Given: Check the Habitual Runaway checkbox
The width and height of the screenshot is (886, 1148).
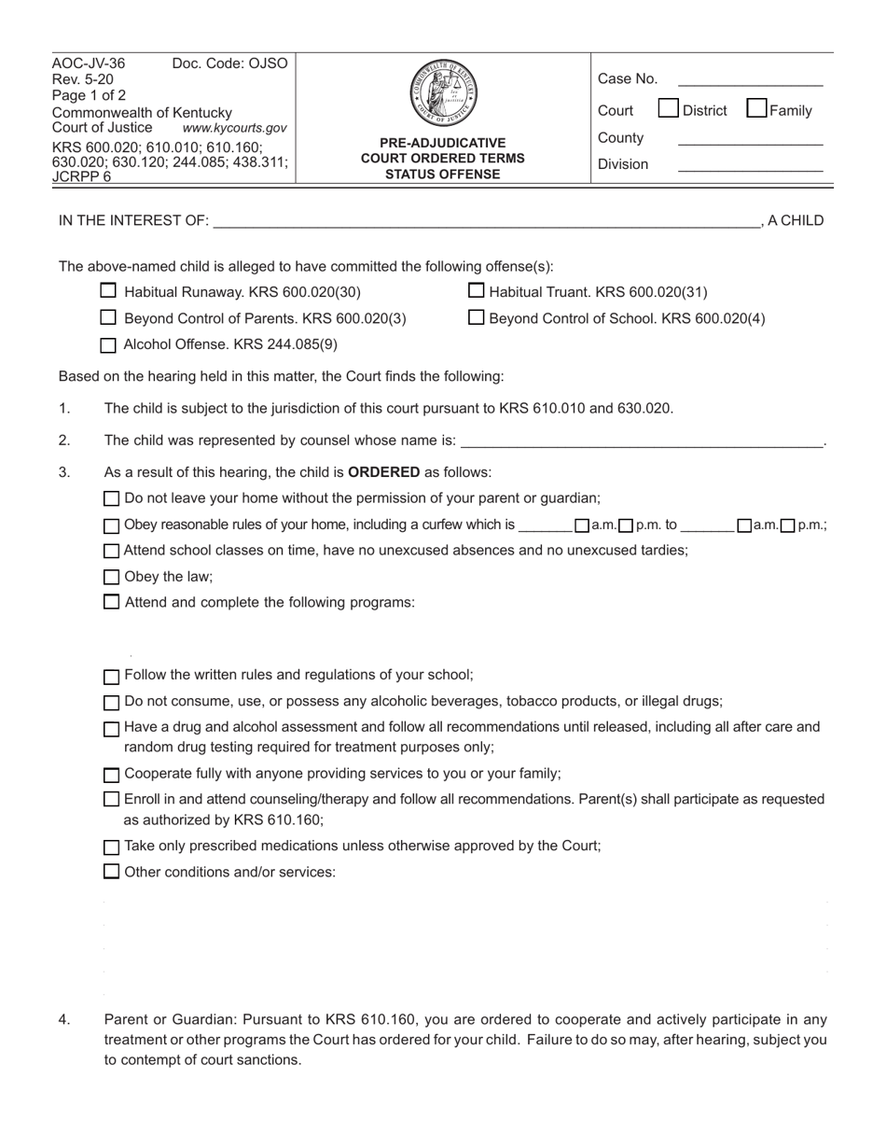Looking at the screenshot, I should click(x=108, y=291).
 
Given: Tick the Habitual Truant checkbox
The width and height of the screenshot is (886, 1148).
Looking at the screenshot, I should click(x=476, y=291).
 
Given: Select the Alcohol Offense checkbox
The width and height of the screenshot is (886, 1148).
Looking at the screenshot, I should click(x=108, y=344).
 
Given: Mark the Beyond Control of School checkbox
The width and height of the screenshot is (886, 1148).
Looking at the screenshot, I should click(x=476, y=317).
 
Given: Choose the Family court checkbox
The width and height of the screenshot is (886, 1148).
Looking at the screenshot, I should click(x=756, y=109).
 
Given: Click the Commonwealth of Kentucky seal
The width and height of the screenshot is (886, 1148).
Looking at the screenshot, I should click(x=443, y=93).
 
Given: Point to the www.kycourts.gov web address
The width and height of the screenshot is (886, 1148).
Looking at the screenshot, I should click(x=234, y=128).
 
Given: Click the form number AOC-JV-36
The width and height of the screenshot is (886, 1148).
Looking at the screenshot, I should click(x=89, y=63).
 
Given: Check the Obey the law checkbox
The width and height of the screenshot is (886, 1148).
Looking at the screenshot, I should click(x=111, y=577).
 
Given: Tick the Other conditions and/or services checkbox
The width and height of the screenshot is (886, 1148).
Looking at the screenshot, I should click(x=111, y=872).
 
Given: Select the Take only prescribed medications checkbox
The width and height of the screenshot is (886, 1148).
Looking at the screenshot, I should click(x=111, y=847).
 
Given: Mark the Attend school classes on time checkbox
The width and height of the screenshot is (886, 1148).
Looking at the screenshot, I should click(x=111, y=551).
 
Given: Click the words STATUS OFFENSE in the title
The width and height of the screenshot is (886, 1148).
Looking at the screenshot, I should click(x=443, y=174).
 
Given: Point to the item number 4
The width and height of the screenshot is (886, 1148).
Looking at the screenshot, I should click(x=64, y=1020).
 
